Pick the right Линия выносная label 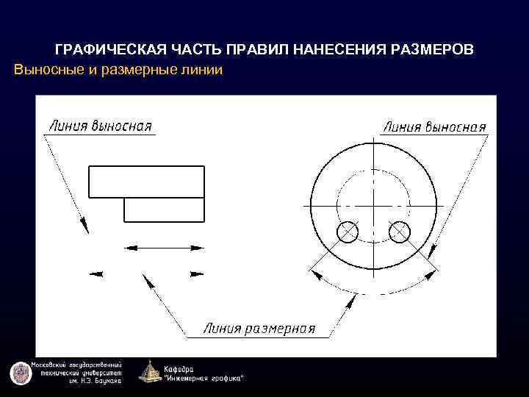point(434,126)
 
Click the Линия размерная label point(259,329)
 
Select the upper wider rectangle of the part point(146,182)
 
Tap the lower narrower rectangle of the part point(164,210)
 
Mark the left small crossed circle point(347,232)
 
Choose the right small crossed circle point(400,232)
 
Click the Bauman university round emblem point(20,373)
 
